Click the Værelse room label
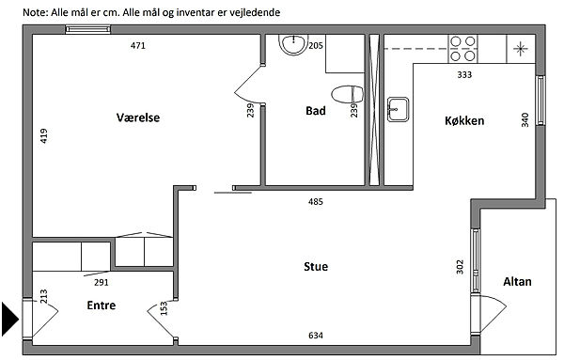[138, 117]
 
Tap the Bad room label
[316, 111]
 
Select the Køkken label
[464, 120]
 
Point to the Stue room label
[316, 267]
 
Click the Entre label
[102, 305]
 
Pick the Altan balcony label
[517, 282]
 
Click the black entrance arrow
[10, 319]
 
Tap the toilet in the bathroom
[348, 94]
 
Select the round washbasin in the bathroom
[294, 44]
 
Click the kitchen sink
[399, 109]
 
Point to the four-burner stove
[462, 49]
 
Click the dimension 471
[138, 46]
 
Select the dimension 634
[316, 336]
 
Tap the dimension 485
[316, 202]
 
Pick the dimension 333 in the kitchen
[464, 75]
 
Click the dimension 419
[44, 136]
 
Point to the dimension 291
[102, 283]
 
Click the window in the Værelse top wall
[87, 29]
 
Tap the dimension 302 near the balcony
[460, 267]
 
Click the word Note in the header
[35, 12]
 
